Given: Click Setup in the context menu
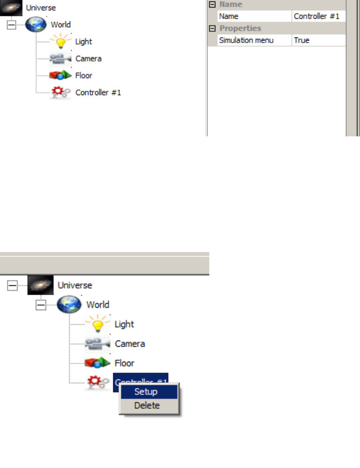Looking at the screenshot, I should point(146,392).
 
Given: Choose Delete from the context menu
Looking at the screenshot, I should point(147,406).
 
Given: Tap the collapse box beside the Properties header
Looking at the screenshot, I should point(213,28).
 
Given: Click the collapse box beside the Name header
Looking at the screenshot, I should point(213,4).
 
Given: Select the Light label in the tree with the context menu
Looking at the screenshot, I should point(125,324).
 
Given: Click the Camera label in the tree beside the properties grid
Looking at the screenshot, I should point(88,59).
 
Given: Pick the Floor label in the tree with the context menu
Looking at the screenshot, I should point(125,363).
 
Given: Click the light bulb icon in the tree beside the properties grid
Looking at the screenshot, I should point(61,42).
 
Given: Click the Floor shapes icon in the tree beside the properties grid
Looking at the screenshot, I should point(61,75).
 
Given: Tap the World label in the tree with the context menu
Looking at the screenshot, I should point(98,305).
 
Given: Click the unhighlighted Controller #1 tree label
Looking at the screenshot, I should point(98,92).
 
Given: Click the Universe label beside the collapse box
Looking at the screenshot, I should point(75,285).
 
